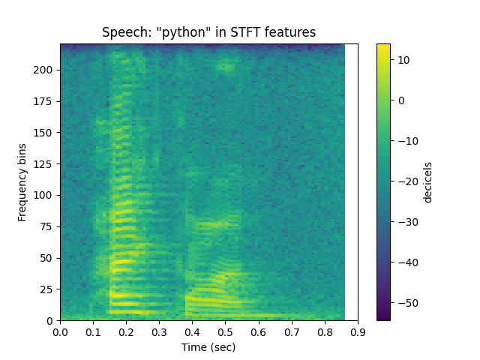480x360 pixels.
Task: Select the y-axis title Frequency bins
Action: [x=22, y=182]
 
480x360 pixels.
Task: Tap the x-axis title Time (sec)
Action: [x=208, y=347]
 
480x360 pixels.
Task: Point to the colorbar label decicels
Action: [x=428, y=182]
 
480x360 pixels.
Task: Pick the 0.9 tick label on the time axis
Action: [x=358, y=331]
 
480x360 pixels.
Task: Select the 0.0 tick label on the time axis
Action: [x=61, y=331]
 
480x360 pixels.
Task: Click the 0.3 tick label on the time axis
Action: [x=160, y=331]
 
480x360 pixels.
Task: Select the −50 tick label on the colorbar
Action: [x=406, y=303]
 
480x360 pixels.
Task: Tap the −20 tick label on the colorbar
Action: [x=406, y=181]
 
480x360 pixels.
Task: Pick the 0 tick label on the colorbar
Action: [x=400, y=100]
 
